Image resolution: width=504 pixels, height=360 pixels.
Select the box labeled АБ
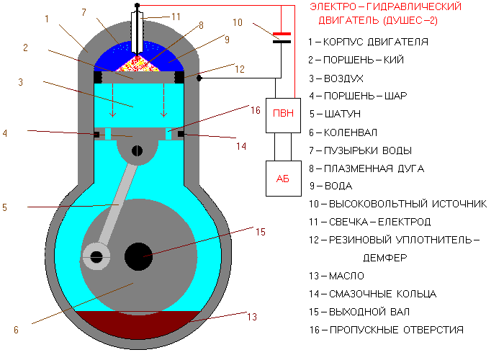(x=282, y=178)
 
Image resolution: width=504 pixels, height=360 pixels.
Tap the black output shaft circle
(x=138, y=256)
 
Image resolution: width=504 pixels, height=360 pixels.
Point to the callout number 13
(x=251, y=316)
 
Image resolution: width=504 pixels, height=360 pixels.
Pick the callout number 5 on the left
(x=4, y=208)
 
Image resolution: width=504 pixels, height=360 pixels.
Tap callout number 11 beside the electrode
(x=177, y=15)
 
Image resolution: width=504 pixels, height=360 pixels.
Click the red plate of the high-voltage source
(x=282, y=33)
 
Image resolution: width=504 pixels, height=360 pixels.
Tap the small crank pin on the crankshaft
(x=94, y=254)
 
